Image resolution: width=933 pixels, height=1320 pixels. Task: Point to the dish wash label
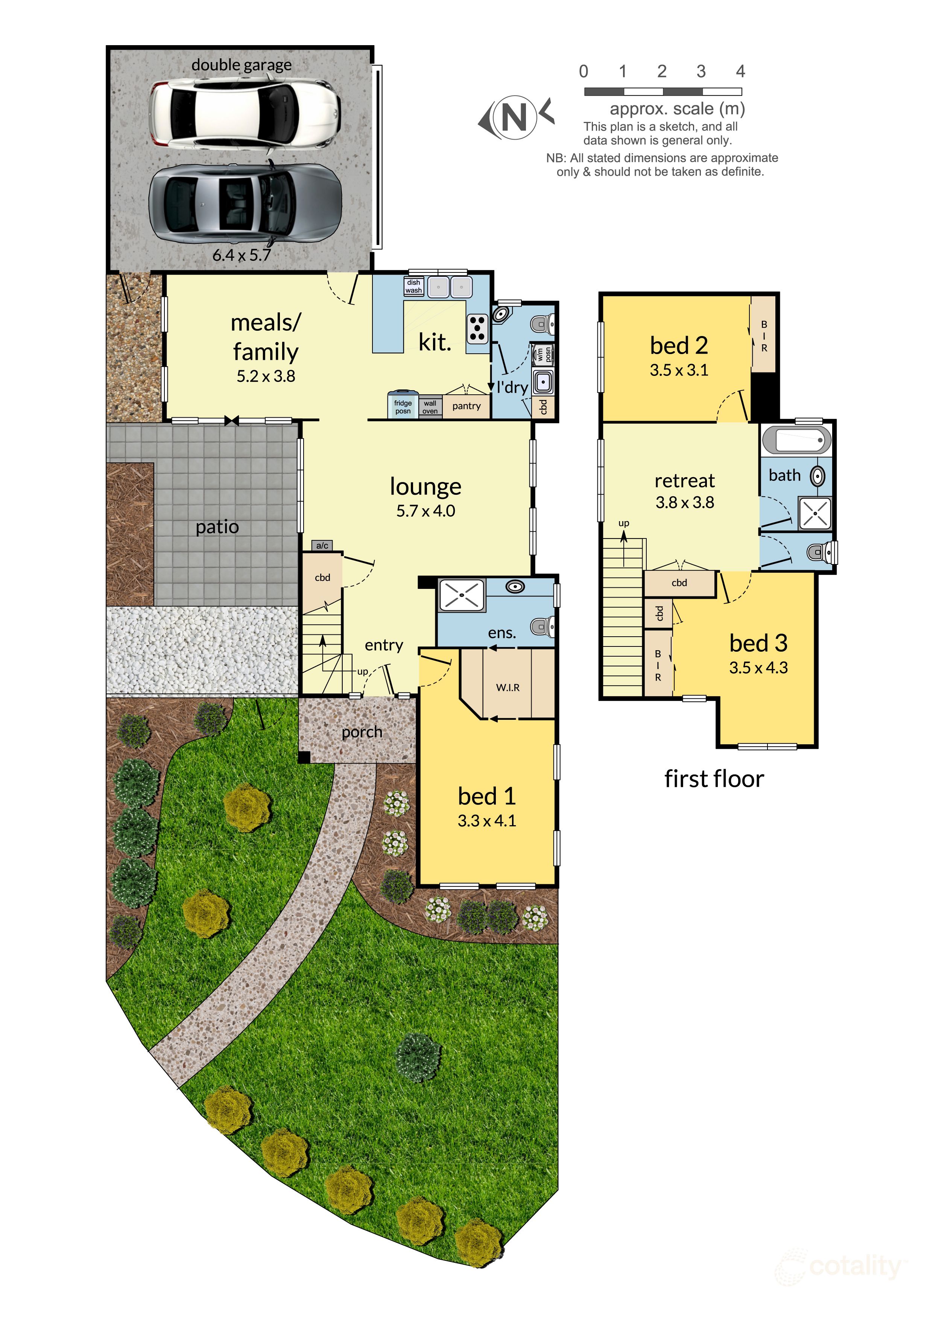point(414,286)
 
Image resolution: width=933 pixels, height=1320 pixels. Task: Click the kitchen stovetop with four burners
point(477,329)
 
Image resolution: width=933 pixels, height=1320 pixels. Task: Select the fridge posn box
point(403,406)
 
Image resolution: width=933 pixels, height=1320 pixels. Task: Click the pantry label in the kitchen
point(466,406)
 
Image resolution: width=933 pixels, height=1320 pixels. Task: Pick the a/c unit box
point(322,545)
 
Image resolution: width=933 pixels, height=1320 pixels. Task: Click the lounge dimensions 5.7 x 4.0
point(425,511)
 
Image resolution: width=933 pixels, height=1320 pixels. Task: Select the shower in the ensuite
point(462,595)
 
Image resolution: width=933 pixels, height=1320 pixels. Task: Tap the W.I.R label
point(508,687)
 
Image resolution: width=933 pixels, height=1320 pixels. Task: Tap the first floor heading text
point(714,779)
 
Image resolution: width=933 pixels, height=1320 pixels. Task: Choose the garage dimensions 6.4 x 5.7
point(242,255)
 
